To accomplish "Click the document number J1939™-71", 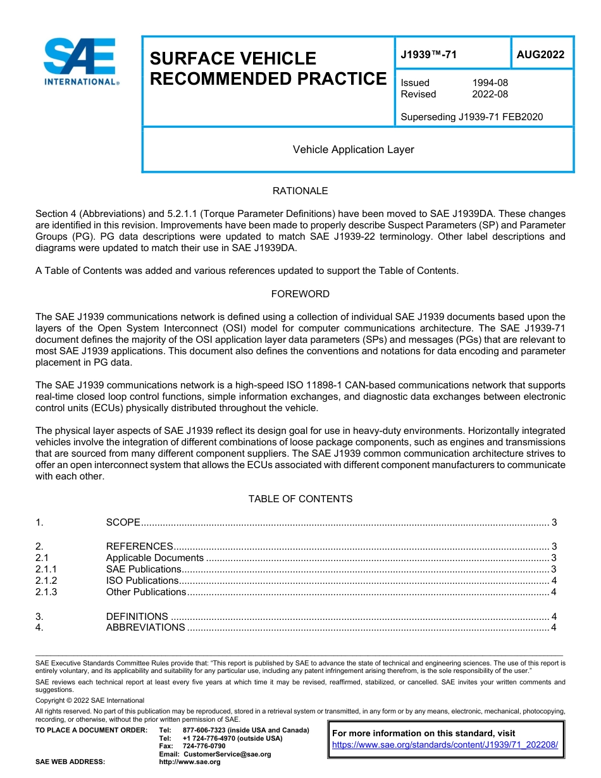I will click(428, 55).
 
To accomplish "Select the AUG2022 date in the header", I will click(540, 55).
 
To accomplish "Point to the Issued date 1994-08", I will click(490, 83).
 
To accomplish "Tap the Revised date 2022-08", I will click(490, 94).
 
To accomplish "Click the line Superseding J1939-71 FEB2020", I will click(471, 117).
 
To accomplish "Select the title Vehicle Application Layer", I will click(353, 150).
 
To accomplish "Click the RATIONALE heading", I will click(300, 191).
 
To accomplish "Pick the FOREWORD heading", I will click(300, 294).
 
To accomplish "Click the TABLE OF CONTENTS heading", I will click(300, 499).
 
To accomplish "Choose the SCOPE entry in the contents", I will click(123, 522).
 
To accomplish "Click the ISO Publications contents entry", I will click(142, 581).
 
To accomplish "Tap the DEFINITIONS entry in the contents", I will click(137, 617).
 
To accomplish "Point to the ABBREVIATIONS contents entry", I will click(146, 627).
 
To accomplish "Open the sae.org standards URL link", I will click(445, 745).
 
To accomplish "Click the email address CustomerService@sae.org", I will click(226, 754).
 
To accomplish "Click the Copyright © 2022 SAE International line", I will click(90, 701).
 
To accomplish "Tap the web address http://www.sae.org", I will click(190, 762).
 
